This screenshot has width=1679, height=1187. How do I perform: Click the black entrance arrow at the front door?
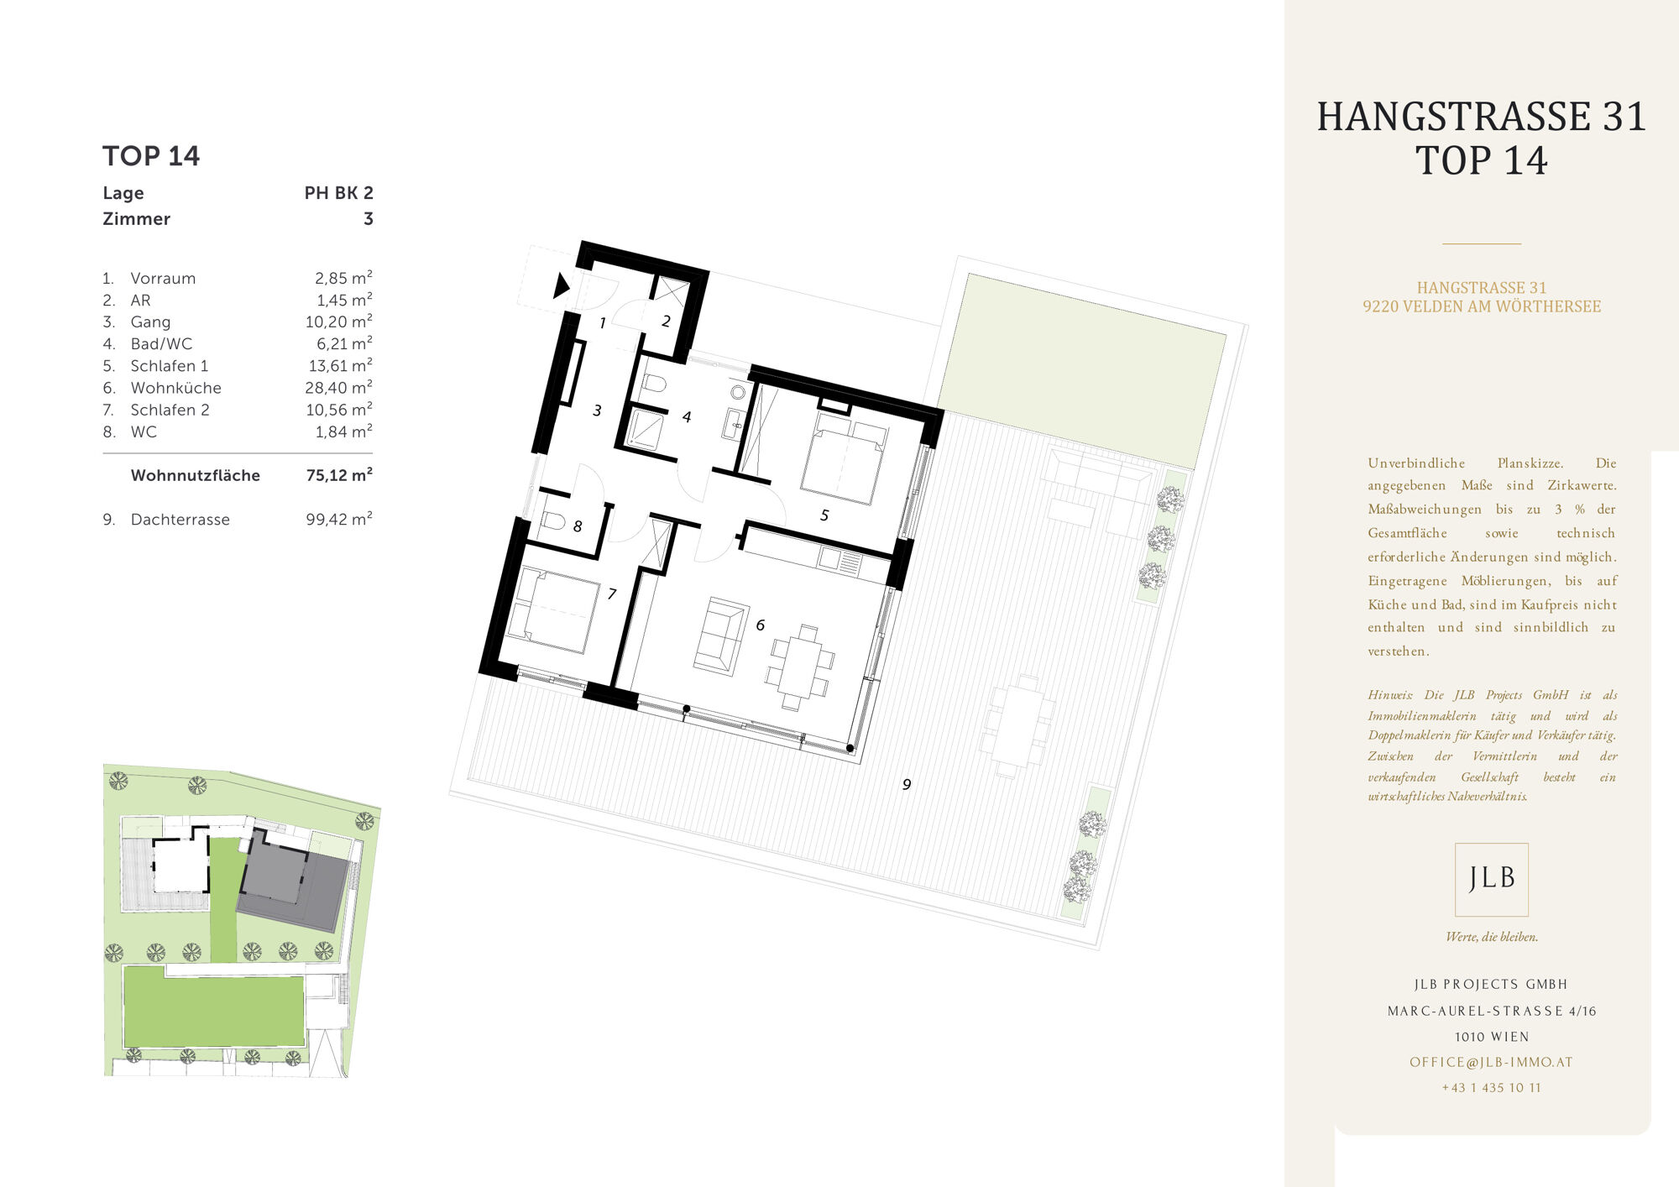pos(561,285)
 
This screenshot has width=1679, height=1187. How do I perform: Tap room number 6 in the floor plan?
pos(761,625)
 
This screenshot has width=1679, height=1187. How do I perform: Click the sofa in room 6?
pos(721,635)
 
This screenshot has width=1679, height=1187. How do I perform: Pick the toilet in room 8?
pos(552,520)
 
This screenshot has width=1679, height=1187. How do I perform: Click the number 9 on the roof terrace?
pos(907,784)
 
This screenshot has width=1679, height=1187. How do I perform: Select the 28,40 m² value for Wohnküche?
pos(338,387)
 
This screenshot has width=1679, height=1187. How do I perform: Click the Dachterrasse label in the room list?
pos(180,520)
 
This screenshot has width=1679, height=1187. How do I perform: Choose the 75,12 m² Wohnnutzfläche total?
pos(339,474)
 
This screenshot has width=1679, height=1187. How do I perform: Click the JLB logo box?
pos(1492,879)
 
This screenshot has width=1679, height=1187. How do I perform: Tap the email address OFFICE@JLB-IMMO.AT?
pos(1491,1062)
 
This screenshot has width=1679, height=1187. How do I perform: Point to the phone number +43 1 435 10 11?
pos(1492,1087)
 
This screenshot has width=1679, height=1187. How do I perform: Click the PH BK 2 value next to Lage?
pos(338,193)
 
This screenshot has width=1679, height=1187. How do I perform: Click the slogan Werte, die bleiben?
pos(1492,937)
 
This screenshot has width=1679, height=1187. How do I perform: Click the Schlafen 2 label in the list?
pos(170,410)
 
